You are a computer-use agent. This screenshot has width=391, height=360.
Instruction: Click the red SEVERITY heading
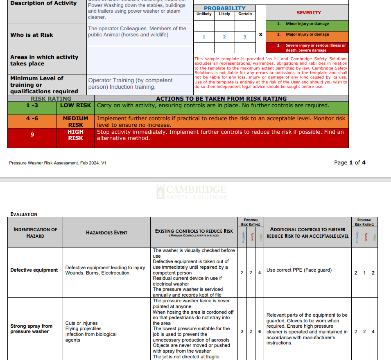[308, 13]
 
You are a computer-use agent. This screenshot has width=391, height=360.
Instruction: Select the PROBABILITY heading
[224, 8]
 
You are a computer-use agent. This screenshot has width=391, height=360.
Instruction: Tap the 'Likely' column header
[224, 14]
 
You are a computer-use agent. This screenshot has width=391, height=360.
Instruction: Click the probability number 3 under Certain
[245, 37]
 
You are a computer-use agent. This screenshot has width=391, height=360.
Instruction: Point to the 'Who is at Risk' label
[32, 35]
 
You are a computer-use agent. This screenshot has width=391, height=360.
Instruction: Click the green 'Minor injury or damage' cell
[307, 24]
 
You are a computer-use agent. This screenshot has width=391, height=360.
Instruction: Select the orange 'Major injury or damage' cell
[307, 34]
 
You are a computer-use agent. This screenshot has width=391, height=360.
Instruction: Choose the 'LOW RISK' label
[75, 105]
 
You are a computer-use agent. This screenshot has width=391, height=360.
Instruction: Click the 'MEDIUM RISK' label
[75, 122]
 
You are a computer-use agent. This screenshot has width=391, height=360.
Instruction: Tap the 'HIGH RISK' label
[75, 135]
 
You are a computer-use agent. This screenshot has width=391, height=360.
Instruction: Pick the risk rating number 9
[32, 134]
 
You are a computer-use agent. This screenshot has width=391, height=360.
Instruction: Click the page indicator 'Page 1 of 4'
[350, 162]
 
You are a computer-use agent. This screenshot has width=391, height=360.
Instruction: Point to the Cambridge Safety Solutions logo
[191, 191]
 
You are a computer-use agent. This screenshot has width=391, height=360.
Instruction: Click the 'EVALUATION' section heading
[24, 214]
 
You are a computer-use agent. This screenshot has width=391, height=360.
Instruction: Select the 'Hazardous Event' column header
[106, 233]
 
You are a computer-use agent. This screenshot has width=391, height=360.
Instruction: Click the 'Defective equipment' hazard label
[34, 270]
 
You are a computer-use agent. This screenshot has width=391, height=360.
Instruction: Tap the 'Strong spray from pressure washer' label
[32, 328]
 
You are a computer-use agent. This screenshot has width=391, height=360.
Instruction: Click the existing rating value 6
[260, 331]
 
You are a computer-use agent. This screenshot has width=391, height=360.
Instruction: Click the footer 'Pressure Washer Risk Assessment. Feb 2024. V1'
[58, 163]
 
